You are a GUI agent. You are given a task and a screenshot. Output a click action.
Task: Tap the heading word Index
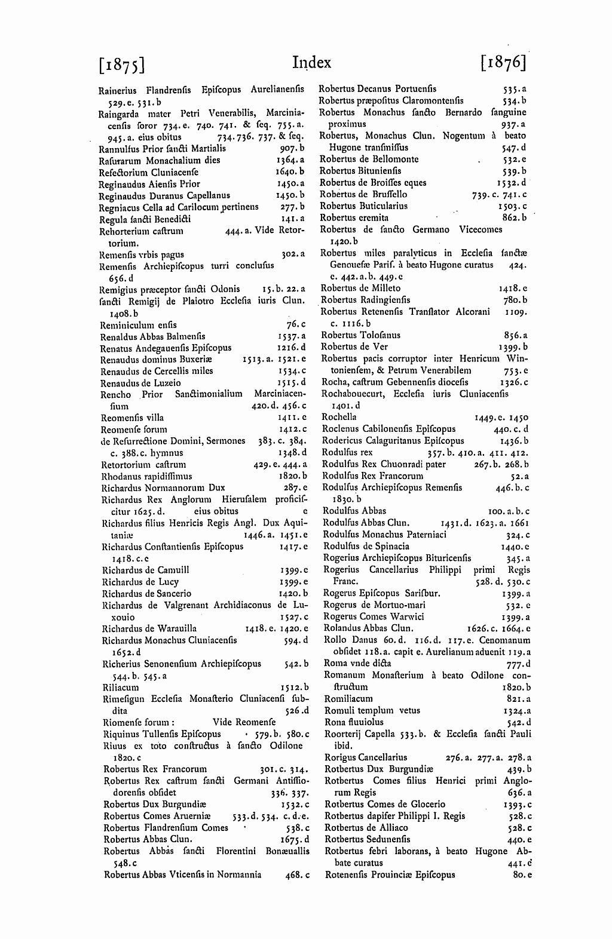click(x=311, y=63)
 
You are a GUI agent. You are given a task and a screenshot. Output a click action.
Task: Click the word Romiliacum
click(x=348, y=698)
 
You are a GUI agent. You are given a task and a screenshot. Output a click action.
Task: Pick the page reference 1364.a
click(x=290, y=160)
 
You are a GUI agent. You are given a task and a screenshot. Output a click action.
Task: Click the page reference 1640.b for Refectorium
click(x=290, y=172)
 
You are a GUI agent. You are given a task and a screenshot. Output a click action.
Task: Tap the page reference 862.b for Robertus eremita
click(x=515, y=217)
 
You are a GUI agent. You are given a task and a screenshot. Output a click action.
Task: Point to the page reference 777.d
click(x=518, y=664)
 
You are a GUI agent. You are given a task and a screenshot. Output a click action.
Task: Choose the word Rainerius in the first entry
click(x=118, y=90)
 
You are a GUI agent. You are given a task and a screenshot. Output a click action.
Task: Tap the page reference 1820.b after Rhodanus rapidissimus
click(x=292, y=476)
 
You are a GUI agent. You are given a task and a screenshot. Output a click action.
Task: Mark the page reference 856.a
click(x=515, y=336)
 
